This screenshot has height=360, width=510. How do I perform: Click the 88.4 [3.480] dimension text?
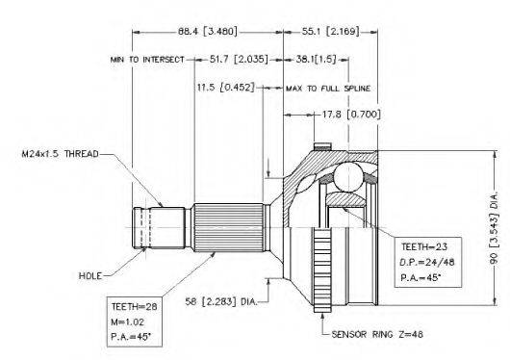coord(208,32)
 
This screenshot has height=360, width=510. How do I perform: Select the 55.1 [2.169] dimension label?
coord(331,32)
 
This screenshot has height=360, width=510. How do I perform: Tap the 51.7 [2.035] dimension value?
coord(239,60)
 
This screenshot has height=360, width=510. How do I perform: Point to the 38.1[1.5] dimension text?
coord(316,60)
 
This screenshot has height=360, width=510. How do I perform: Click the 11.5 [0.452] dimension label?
coord(226,88)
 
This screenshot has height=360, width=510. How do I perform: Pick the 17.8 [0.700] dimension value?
coord(351,115)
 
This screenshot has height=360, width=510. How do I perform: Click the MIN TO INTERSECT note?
coord(147,60)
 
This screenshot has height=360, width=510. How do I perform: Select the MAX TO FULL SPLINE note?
coord(328,89)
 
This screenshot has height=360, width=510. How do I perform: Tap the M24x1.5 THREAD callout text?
coord(61,154)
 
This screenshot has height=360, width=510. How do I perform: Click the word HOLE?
coord(90,276)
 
